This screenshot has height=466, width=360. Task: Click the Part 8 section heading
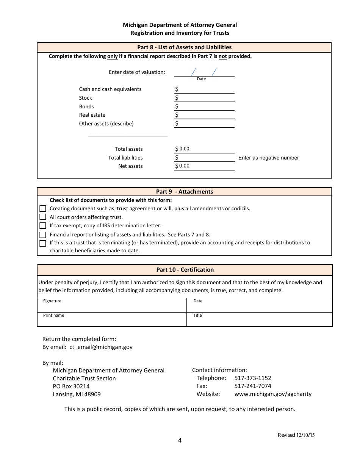[184, 47]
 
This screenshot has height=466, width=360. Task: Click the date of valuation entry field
[204, 72]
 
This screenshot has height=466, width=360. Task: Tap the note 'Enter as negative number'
[268, 158]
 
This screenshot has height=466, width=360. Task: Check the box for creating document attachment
[43, 208]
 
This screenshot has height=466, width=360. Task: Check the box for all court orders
[43, 217]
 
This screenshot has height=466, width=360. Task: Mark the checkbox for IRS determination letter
[43, 226]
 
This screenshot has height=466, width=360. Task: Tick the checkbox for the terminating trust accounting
[43, 243]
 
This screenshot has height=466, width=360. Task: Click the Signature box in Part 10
[112, 305]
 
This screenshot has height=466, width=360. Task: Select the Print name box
[112, 319]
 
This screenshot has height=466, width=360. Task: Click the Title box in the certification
[259, 319]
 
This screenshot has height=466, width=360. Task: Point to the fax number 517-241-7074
[253, 386]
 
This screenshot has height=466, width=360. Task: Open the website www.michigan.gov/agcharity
[273, 394]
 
